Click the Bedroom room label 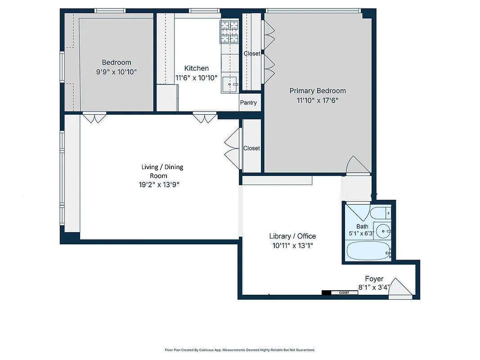[117, 63]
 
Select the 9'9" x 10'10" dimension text [117, 72]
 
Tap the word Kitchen [197, 68]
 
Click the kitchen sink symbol [230, 84]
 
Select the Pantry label [248, 103]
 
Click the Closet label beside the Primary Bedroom [252, 54]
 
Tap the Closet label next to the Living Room [251, 148]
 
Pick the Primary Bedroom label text [318, 91]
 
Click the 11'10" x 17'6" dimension [318, 100]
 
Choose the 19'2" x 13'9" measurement [162, 184]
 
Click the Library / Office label [292, 236]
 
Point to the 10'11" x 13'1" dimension [292, 246]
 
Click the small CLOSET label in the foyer [344, 292]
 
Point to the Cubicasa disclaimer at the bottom [240, 350]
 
